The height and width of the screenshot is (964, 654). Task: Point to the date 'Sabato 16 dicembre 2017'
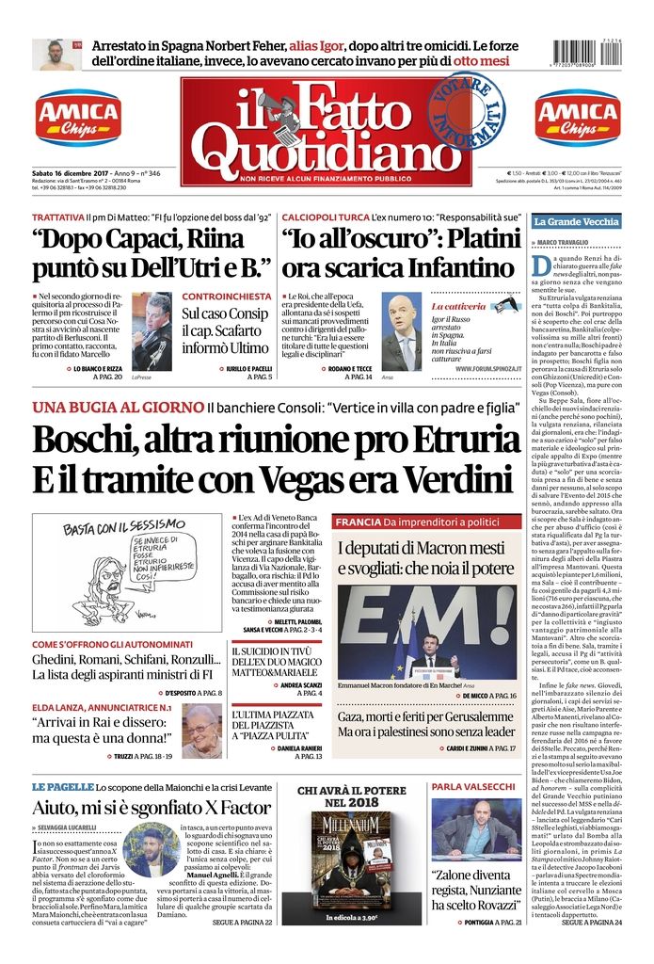pyautogui.click(x=72, y=174)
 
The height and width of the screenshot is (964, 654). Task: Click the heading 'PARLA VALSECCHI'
pyautogui.click(x=473, y=786)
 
